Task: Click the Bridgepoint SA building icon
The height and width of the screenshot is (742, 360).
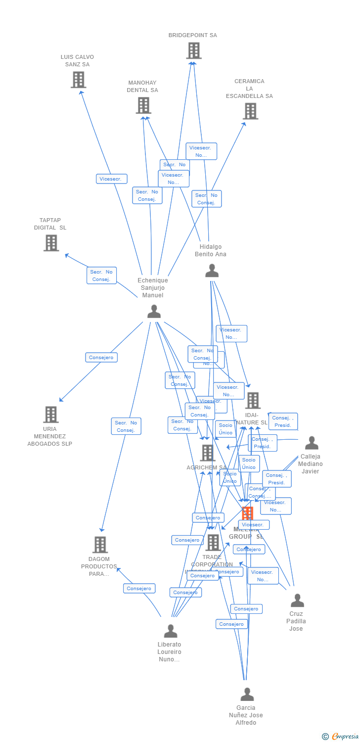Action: tap(194, 50)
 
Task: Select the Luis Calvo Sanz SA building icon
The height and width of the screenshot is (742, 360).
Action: tap(78, 80)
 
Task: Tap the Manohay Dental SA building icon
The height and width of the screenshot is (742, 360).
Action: tap(143, 105)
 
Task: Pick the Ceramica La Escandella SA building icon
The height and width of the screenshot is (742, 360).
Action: tap(251, 111)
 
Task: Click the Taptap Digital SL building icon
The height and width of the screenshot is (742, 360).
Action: tap(51, 243)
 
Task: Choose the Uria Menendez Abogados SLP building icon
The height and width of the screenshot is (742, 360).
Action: tap(50, 415)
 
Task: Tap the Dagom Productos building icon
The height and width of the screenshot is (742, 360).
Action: tap(100, 545)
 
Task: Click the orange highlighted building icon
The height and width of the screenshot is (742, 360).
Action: tap(247, 513)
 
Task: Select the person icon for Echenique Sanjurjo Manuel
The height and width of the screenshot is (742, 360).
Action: tap(154, 312)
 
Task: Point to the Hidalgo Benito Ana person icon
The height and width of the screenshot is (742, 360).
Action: tap(212, 271)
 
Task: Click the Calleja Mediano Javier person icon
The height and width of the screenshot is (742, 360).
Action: tap(312, 443)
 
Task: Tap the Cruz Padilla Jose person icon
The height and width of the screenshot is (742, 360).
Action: tap(297, 601)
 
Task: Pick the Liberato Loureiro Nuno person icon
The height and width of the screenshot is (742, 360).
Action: tap(171, 631)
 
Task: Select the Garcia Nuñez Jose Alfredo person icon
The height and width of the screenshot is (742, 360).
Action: tap(247, 695)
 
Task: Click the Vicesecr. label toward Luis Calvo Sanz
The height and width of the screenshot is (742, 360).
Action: tap(112, 179)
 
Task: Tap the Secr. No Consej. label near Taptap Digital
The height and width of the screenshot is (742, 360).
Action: tap(101, 276)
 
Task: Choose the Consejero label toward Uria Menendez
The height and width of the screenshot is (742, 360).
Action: tap(101, 357)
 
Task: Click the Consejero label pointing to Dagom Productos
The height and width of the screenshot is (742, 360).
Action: tap(139, 589)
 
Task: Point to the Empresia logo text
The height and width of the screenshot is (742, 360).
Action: tap(345, 737)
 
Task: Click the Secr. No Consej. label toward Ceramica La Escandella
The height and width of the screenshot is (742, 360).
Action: tap(206, 199)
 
